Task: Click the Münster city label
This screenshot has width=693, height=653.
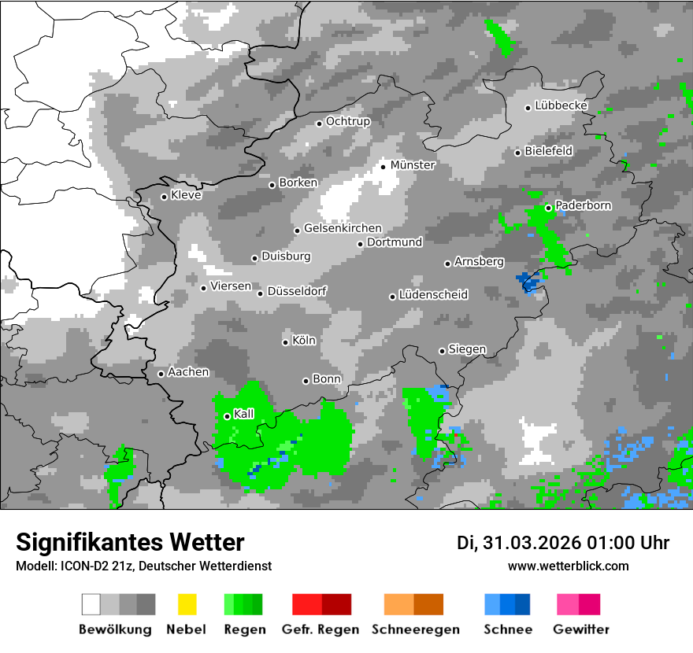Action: tap(413, 165)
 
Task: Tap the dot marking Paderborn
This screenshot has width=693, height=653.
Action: tap(549, 208)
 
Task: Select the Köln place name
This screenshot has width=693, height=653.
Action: tap(304, 341)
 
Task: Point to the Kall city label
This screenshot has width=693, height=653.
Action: tap(244, 414)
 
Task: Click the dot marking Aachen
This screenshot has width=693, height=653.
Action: tap(161, 374)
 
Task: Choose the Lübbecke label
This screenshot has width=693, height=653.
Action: tap(561, 105)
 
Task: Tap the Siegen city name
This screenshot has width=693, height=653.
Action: tap(467, 349)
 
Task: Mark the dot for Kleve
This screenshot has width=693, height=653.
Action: tap(164, 197)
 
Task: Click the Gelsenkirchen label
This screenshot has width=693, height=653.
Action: tap(343, 228)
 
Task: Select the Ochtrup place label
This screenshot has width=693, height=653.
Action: tap(348, 121)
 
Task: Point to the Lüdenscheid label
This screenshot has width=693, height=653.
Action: tap(433, 295)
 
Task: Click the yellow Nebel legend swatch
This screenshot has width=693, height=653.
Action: tap(187, 604)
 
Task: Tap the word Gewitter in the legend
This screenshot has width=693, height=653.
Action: tap(581, 629)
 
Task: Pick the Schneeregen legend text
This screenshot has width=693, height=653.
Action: tap(416, 629)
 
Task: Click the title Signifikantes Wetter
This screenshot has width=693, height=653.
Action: tap(130, 543)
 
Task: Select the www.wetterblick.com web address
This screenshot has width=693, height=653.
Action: tap(569, 566)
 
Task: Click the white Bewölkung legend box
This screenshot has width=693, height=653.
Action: tap(91, 604)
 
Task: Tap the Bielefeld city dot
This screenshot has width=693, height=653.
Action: tap(517, 153)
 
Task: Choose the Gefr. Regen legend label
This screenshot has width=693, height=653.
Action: tap(321, 629)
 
